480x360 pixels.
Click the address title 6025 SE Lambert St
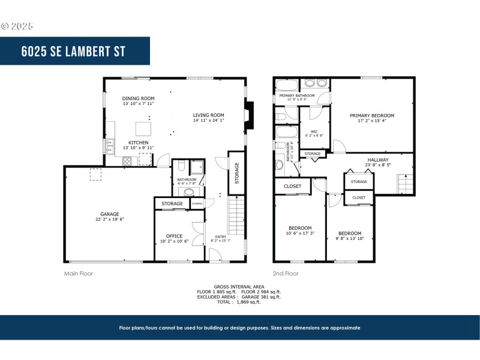pos(74,51)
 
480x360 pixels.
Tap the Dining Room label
pos(138,98)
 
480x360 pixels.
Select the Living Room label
pos(208,115)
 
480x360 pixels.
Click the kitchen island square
pos(142,129)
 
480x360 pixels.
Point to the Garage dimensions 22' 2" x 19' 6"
pos(109,220)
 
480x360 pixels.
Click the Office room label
pos(175,236)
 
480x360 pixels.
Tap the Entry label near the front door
pos(221,236)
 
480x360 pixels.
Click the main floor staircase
pos(236,217)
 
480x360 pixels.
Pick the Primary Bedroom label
pos(372,115)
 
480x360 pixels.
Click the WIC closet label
pos(314,131)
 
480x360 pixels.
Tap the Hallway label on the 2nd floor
pos(379,160)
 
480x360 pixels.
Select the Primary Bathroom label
pos(296,95)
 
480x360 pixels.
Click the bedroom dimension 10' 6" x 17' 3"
pos(300,233)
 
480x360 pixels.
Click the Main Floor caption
pos(79,274)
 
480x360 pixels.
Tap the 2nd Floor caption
pos(286,274)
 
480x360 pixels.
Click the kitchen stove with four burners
pos(128,161)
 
